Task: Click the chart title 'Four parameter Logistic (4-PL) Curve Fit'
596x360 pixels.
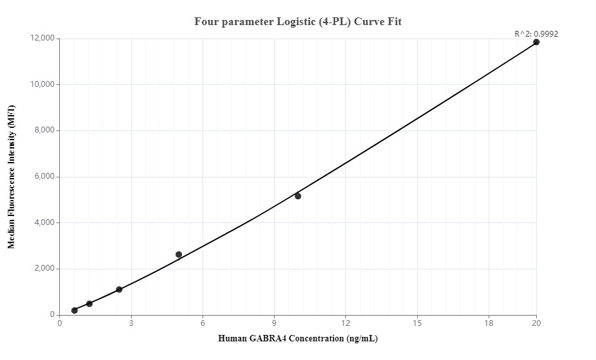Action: pyautogui.click(x=298, y=22)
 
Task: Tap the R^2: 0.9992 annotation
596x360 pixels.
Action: pyautogui.click(x=536, y=33)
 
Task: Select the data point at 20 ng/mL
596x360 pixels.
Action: pyautogui.click(x=536, y=42)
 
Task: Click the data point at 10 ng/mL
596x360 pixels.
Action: pyautogui.click(x=298, y=196)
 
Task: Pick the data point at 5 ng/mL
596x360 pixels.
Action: pyautogui.click(x=179, y=255)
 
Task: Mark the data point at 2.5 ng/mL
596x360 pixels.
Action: pyautogui.click(x=119, y=289)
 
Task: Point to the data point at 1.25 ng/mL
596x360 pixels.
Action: pyautogui.click(x=89, y=303)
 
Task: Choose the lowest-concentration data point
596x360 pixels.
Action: pyautogui.click(x=75, y=310)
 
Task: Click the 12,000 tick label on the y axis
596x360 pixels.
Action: pyautogui.click(x=42, y=39)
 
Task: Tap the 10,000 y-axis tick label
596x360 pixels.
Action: pyautogui.click(x=42, y=85)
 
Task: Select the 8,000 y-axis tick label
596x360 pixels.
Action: pyautogui.click(x=44, y=130)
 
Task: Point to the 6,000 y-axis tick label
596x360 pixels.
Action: pyautogui.click(x=44, y=177)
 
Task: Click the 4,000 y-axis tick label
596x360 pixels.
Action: pyautogui.click(x=44, y=223)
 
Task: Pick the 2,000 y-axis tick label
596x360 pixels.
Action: pyautogui.click(x=44, y=269)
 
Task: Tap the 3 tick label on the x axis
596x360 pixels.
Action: pyautogui.click(x=131, y=323)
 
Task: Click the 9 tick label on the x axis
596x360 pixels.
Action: pyautogui.click(x=275, y=323)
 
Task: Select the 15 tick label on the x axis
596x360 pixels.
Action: pyautogui.click(x=417, y=323)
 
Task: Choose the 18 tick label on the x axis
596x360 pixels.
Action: pyautogui.click(x=489, y=323)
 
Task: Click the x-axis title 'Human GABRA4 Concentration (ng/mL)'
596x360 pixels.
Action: pyautogui.click(x=298, y=339)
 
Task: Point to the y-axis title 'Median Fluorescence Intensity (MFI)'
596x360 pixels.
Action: pyautogui.click(x=11, y=177)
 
